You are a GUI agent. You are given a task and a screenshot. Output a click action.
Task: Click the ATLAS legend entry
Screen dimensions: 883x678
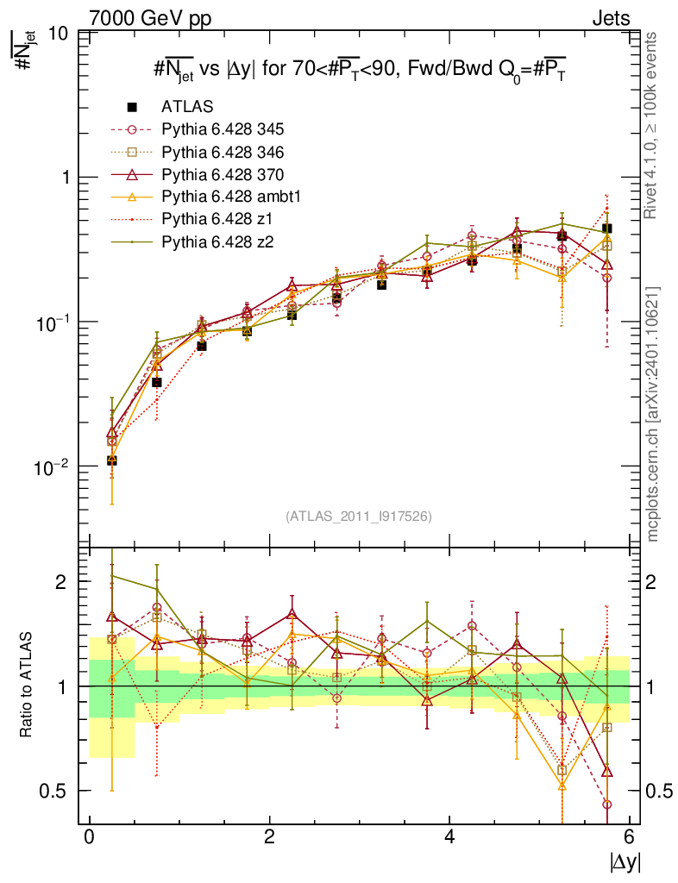(x=187, y=107)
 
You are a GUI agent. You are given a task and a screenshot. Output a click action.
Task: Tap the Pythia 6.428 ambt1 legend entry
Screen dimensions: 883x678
(x=228, y=197)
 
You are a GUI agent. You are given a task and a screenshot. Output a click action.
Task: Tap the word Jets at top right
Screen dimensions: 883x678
(x=610, y=18)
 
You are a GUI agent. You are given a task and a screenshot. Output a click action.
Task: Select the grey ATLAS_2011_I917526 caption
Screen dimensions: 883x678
(x=359, y=516)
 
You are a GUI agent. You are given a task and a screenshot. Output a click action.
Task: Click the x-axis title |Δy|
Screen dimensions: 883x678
(x=625, y=861)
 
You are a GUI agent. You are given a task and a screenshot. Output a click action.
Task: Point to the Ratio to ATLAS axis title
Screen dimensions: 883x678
(x=28, y=686)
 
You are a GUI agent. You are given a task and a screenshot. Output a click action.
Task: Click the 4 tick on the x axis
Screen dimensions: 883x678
(x=449, y=837)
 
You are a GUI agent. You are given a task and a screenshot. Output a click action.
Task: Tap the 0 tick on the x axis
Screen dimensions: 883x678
(x=89, y=837)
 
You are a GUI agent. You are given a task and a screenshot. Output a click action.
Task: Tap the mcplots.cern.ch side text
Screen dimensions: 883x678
(x=654, y=414)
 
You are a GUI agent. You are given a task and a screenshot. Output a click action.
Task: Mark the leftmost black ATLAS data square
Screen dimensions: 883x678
(x=112, y=460)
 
